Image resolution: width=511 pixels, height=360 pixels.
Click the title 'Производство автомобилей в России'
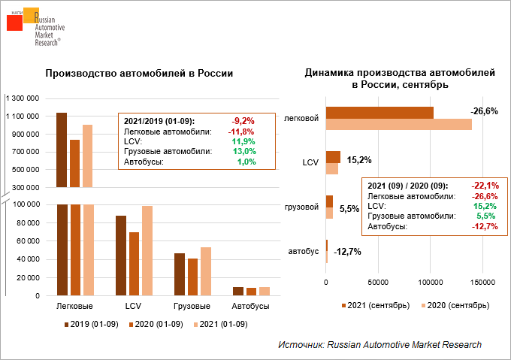pyautogui.click(x=139, y=74)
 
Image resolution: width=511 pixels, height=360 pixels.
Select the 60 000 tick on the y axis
pyautogui.click(x=27, y=241)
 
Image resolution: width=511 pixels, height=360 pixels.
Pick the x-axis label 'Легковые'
pyautogui.click(x=75, y=307)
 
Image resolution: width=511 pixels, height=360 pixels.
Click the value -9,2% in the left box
pyautogui.click(x=243, y=120)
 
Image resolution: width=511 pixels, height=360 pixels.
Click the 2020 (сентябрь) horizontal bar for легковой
pyautogui.click(x=398, y=124)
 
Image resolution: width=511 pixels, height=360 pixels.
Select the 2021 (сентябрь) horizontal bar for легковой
pyautogui.click(x=379, y=112)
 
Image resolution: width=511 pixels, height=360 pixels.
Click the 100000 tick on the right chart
pyautogui.click(x=430, y=283)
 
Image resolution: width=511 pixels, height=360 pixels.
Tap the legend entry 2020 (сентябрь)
pyautogui.click(x=459, y=305)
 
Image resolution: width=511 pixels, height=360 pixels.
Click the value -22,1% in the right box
pyautogui.click(x=485, y=186)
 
